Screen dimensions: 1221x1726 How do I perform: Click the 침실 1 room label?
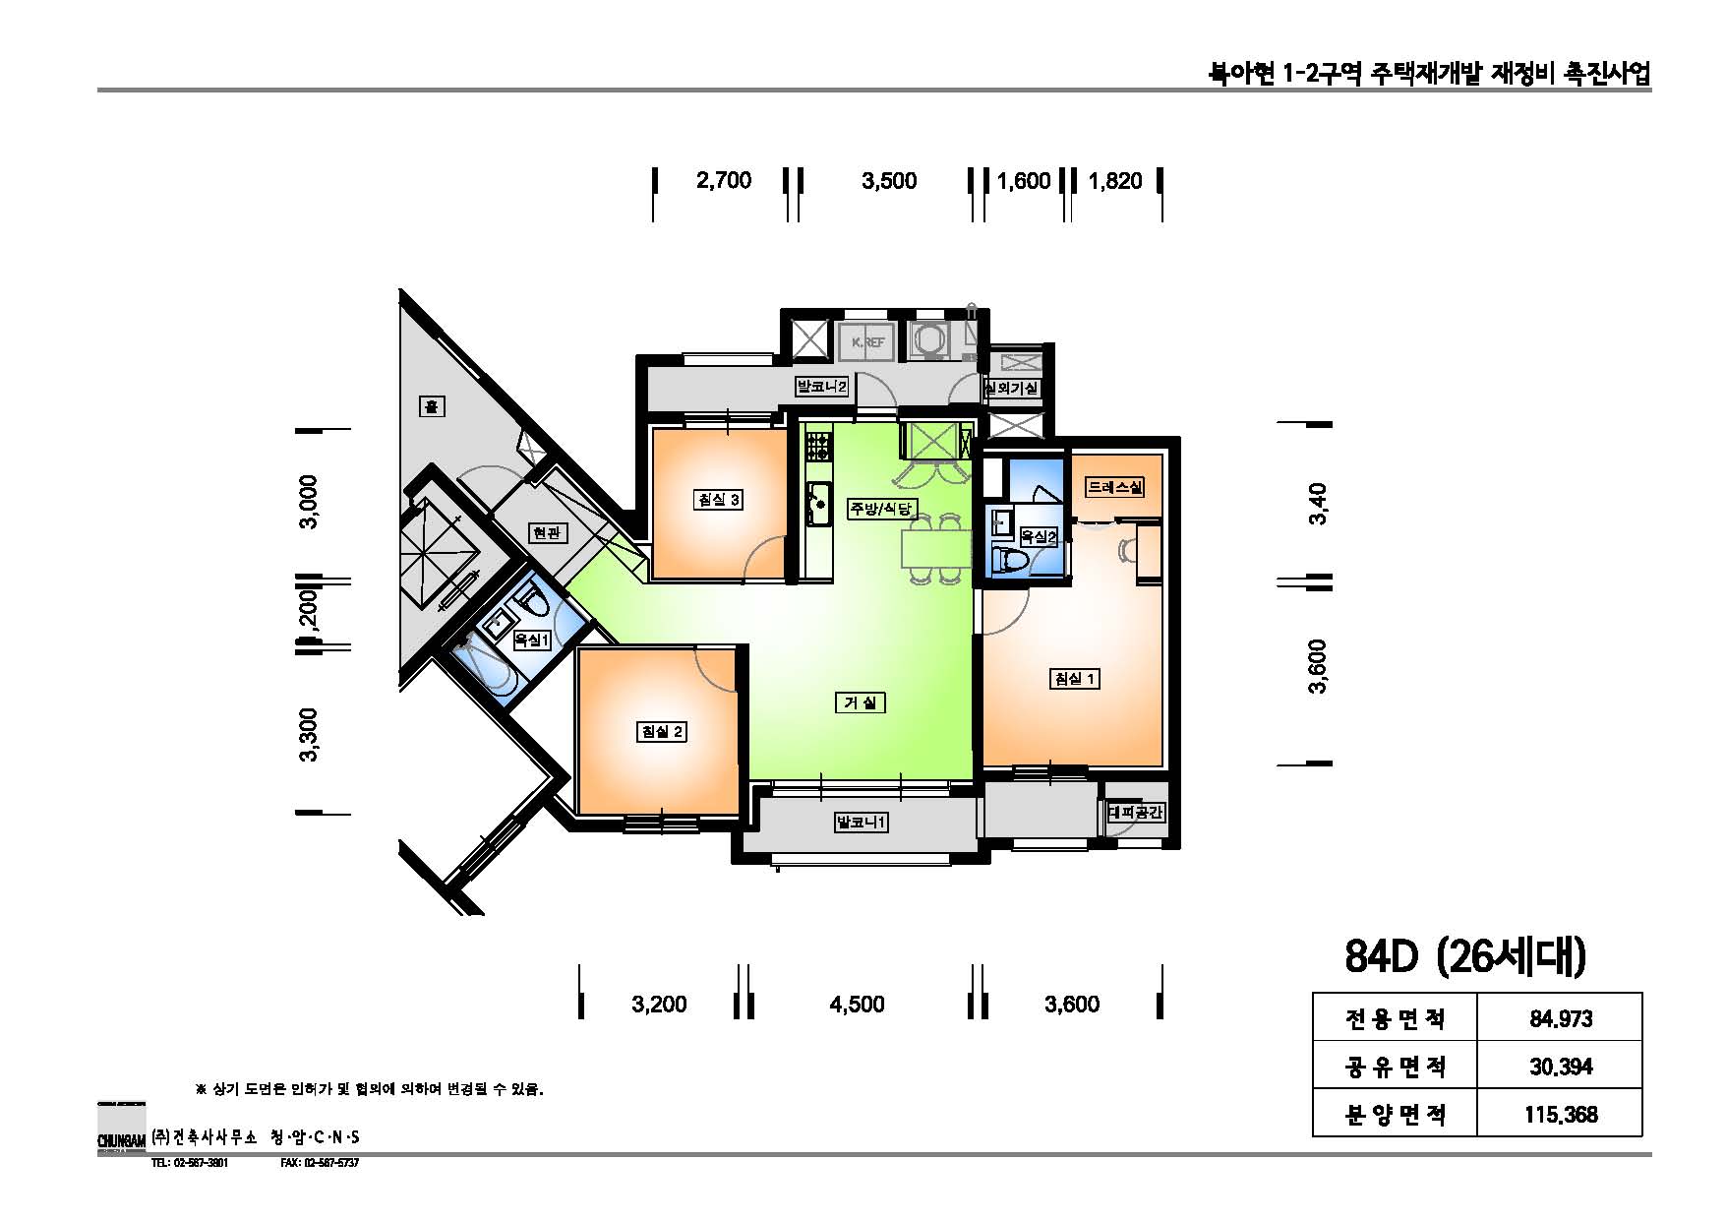(x=1074, y=678)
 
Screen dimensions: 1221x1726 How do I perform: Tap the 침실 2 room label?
(x=661, y=732)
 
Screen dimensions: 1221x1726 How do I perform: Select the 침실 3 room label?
(x=718, y=499)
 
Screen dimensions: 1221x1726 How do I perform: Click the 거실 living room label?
(x=861, y=702)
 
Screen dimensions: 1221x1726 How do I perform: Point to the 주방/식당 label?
(x=882, y=509)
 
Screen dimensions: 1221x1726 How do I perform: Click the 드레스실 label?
(x=1114, y=487)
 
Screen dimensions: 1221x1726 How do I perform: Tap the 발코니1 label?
(x=861, y=822)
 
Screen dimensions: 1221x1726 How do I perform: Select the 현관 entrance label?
(x=547, y=532)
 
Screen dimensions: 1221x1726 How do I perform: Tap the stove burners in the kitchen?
(x=817, y=449)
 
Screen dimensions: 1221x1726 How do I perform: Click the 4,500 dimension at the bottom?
(x=857, y=1005)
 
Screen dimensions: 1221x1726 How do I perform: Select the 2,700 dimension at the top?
(x=723, y=180)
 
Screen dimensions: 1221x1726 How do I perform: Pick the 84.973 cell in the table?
(x=1560, y=1018)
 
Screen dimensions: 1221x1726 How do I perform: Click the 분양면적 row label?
(x=1395, y=1115)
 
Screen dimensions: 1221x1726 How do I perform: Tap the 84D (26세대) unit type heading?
(x=1464, y=956)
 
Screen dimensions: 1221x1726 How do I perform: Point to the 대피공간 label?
(x=1136, y=813)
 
